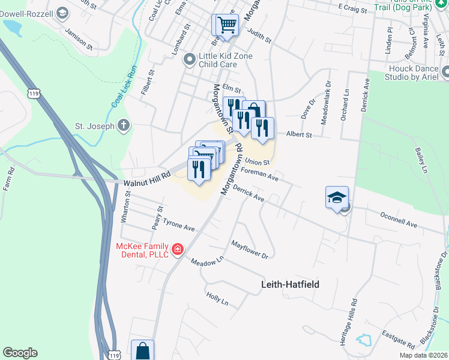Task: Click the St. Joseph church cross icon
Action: tap(124, 125)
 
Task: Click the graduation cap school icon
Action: tap(337, 197)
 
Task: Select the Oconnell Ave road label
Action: tap(399, 219)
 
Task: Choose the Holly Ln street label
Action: tap(217, 298)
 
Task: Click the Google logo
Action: tap(20, 353)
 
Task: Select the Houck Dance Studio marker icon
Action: tap(445, 72)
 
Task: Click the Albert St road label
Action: tap(299, 135)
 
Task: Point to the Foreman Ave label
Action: tap(259, 174)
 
